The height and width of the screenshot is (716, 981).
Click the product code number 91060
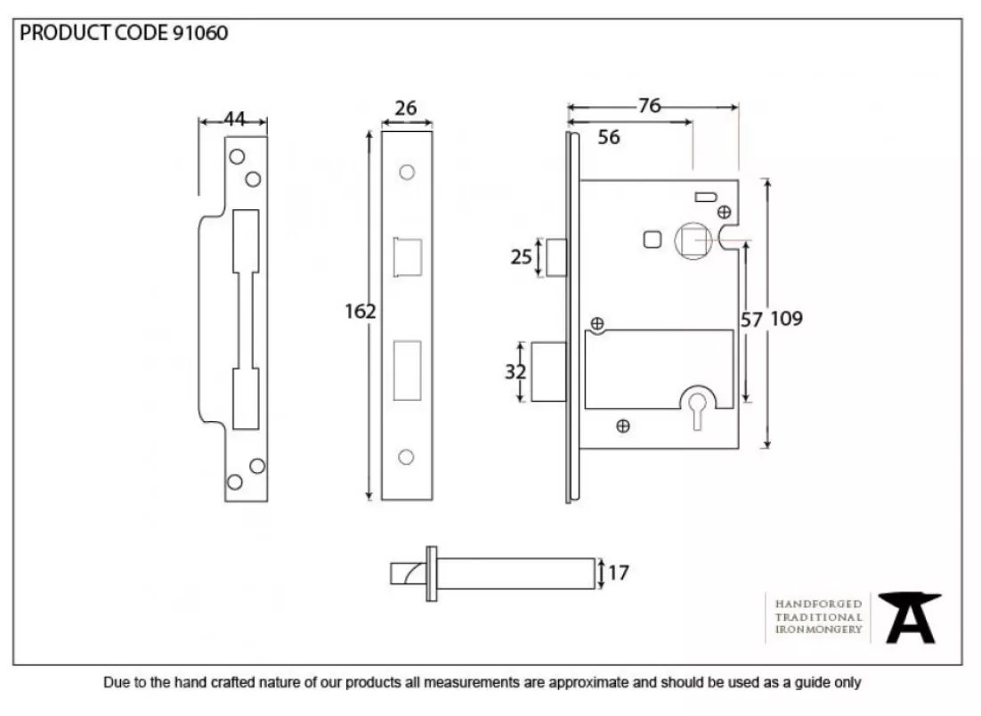[x=199, y=33]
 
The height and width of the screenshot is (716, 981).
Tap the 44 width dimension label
[x=235, y=118]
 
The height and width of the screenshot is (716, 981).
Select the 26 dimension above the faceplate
[x=405, y=108]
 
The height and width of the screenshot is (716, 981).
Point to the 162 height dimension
[x=361, y=311]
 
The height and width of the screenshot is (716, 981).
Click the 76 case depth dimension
[x=650, y=106]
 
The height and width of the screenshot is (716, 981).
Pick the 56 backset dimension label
[x=608, y=137]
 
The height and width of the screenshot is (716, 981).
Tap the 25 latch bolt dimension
[x=521, y=256]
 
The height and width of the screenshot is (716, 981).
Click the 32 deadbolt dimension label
[x=515, y=371]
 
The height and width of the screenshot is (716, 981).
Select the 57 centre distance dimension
[x=750, y=320]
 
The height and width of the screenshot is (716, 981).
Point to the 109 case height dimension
[x=786, y=319]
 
